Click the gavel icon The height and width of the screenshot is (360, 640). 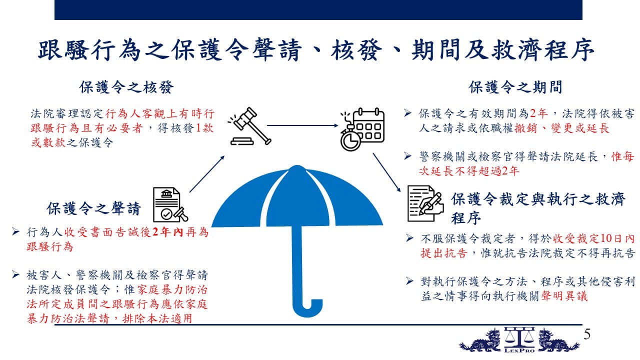click(x=249, y=126)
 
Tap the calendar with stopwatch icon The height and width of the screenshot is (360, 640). click(x=362, y=129)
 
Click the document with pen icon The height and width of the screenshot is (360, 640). click(x=425, y=203)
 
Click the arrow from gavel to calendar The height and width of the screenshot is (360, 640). click(x=302, y=125)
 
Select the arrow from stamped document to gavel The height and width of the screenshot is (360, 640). click(x=207, y=174)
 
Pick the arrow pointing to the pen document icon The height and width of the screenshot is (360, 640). click(x=386, y=172)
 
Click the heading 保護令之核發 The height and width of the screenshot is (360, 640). click(x=126, y=87)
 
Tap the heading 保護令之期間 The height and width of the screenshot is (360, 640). click(x=515, y=87)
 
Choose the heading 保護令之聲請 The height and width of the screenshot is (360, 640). click(x=93, y=208)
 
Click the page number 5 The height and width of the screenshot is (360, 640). click(x=587, y=334)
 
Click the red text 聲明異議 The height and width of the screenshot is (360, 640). click(x=564, y=296)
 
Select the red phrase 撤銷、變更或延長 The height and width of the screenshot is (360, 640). click(x=562, y=128)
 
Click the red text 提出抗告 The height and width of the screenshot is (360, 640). click(x=443, y=253)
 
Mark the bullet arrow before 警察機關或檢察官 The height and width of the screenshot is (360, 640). click(x=407, y=156)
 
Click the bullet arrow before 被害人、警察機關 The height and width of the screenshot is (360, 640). click(x=15, y=274)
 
